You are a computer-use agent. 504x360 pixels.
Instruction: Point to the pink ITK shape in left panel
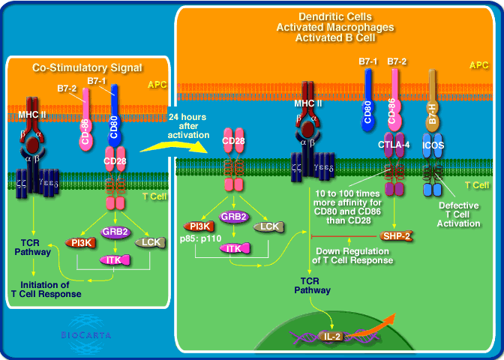113,259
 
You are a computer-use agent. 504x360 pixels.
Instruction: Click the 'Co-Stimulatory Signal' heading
87,67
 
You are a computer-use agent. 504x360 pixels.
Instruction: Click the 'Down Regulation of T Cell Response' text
352,255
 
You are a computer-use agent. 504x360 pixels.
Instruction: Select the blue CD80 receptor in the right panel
367,110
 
